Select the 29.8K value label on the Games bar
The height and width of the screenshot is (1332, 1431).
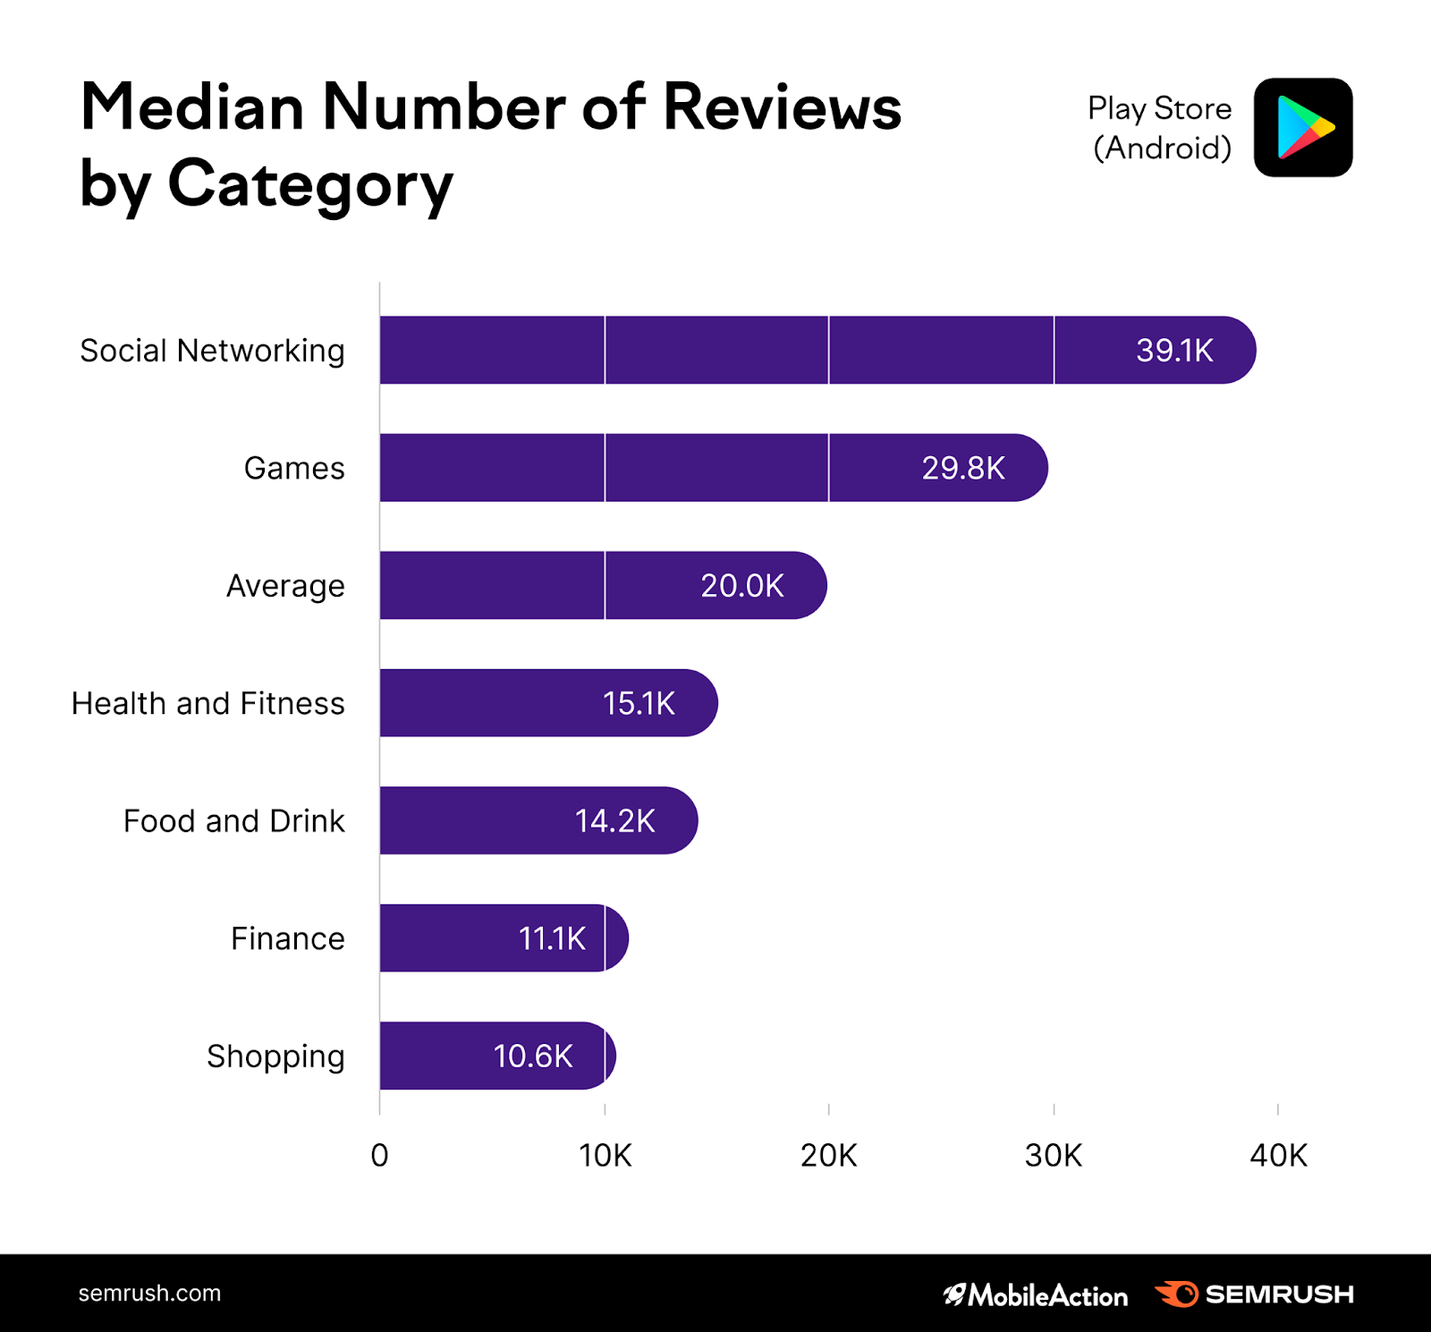coord(963,468)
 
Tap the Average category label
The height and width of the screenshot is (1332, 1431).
coord(285,586)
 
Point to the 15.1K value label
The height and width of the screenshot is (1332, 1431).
coord(639,703)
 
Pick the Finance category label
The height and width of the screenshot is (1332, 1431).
coord(287,938)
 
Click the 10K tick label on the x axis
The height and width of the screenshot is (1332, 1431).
coord(605,1156)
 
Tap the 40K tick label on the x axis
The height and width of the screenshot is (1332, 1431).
coord(1278,1156)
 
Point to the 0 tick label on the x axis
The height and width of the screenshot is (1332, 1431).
coord(379,1156)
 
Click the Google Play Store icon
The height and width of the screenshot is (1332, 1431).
coord(1303,128)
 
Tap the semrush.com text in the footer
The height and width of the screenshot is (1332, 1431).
coord(149,1294)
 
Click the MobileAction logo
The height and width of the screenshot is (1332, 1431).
coord(1036,1294)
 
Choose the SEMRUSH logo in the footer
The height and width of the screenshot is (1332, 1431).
coord(1255,1294)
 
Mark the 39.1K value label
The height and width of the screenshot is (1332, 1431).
coord(1174,350)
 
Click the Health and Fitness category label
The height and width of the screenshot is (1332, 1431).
coord(208,703)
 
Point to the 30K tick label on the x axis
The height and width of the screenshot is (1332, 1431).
coord(1054,1156)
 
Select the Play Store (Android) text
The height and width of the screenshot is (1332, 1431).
coord(1160,128)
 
